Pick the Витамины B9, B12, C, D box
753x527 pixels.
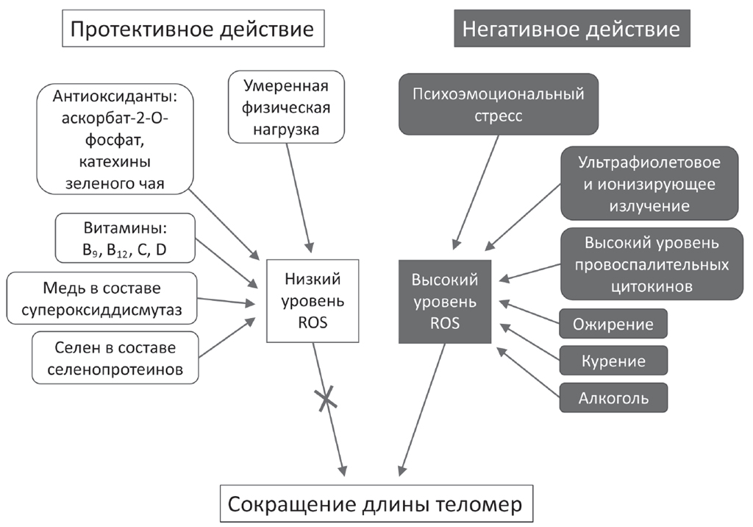click(x=124, y=238)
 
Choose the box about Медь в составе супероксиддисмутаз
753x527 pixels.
click(x=102, y=297)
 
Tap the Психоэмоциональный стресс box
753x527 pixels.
click(x=498, y=103)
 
